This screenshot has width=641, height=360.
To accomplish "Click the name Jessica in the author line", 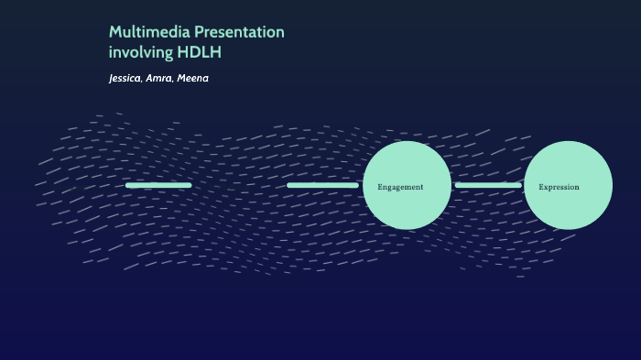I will [x=124, y=79].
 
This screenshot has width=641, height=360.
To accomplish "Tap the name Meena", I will [x=193, y=79].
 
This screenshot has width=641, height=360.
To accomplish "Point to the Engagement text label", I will [x=400, y=187].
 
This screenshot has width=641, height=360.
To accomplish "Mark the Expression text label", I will [x=559, y=187].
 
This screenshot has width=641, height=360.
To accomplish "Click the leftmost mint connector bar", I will [x=158, y=185].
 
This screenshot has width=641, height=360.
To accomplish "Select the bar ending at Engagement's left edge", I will [x=322, y=185].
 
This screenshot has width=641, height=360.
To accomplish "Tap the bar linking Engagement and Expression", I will [x=488, y=185].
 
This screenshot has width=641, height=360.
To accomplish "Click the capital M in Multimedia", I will [x=115, y=32].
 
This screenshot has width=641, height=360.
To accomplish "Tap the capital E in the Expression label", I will [x=541, y=187].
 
